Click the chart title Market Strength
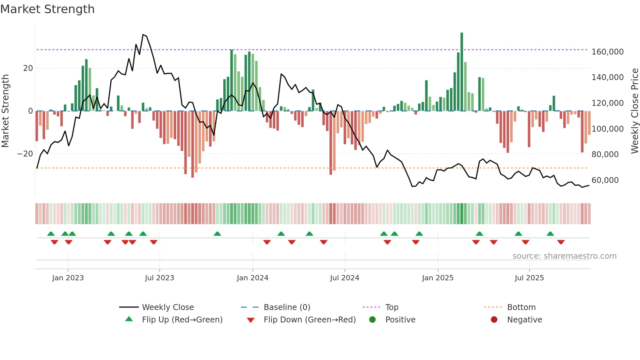coord(47,9)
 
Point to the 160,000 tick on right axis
coord(607,52)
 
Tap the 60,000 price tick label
coord(605,180)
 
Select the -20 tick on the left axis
coord(25,154)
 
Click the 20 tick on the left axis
coord(28,68)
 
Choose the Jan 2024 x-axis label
coord(252,278)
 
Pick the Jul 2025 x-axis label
coord(529,278)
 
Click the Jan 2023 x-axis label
coord(68,278)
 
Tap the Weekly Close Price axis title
coord(634,111)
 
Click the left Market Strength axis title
coord(6,111)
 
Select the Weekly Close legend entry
coord(168,307)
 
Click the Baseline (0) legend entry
coord(287,307)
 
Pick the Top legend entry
coord(392,307)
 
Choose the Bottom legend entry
coord(521,307)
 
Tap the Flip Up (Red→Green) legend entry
coord(182,320)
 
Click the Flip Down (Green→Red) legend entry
coord(310,320)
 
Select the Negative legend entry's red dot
coord(494,319)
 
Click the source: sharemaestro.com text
coord(564,256)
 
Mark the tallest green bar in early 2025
coord(462,72)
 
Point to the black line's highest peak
coord(143,35)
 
